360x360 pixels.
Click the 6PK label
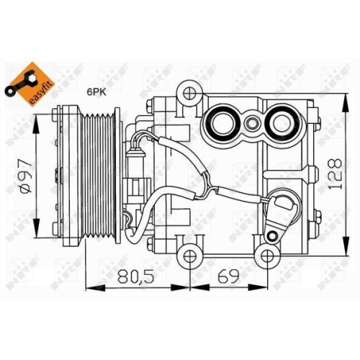(x=95, y=92)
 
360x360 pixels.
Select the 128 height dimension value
(x=333, y=173)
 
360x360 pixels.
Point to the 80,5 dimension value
(x=135, y=276)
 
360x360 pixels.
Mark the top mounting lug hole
(x=188, y=92)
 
